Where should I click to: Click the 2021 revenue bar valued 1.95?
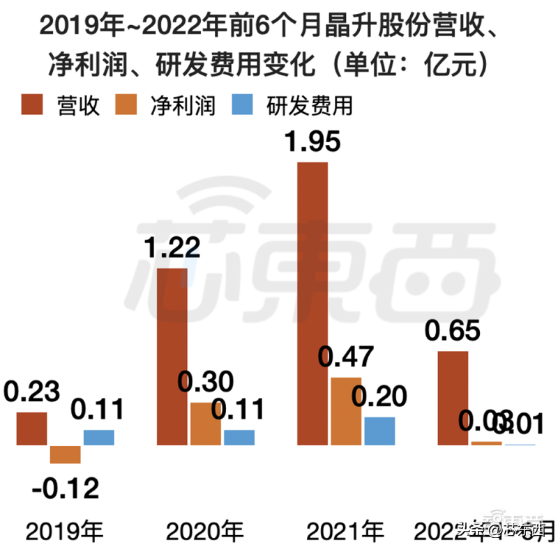(312, 303)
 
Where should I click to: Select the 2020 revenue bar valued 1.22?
(171, 356)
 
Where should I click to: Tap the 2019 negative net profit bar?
(65, 454)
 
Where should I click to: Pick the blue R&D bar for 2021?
(379, 431)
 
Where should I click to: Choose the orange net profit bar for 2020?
(205, 424)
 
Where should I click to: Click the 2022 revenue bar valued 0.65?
(453, 398)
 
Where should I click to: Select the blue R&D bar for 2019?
(99, 438)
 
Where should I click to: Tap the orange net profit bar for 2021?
(345, 410)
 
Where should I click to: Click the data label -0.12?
(65, 487)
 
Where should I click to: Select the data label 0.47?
(347, 358)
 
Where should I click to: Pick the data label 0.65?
(453, 331)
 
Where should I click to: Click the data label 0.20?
(379, 397)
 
